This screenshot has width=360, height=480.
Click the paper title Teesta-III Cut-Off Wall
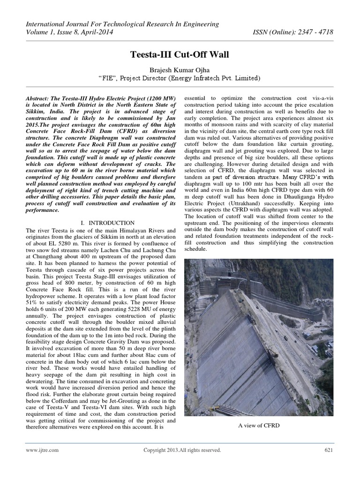[x=180, y=55]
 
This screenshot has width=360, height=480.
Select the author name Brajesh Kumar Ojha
[x=180, y=70]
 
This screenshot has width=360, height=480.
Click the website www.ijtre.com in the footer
[x=42, y=450]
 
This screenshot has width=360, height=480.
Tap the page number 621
[x=328, y=450]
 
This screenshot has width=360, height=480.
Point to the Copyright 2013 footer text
[x=182, y=450]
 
